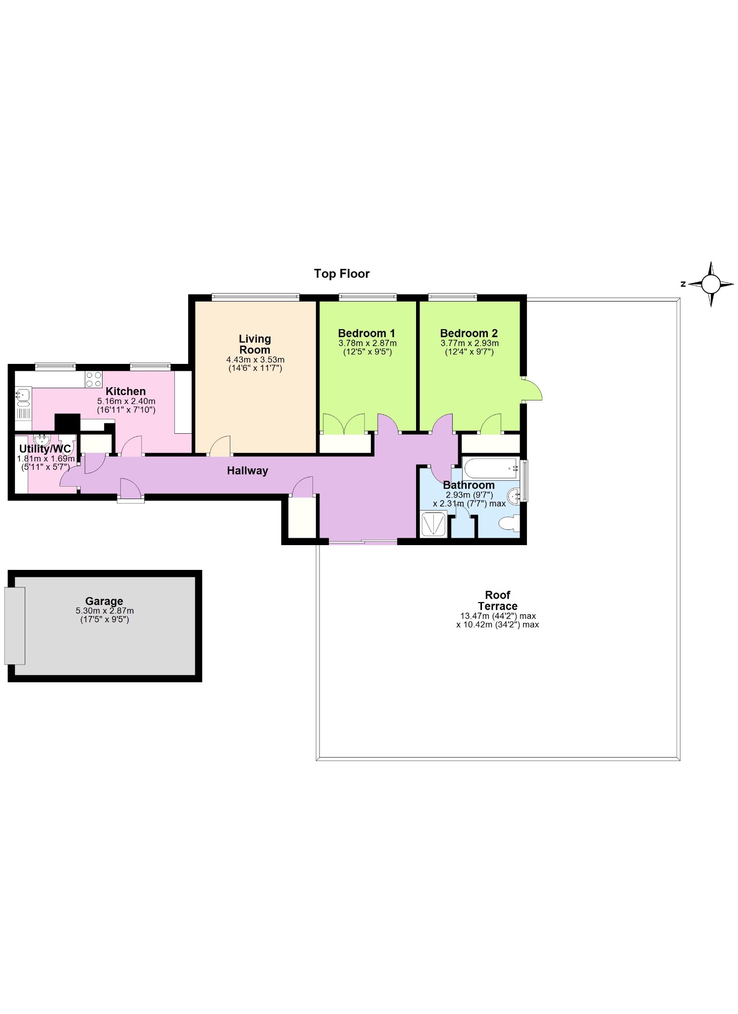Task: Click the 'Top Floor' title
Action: click(x=342, y=274)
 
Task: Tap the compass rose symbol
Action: click(x=711, y=284)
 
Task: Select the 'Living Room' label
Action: click(x=255, y=344)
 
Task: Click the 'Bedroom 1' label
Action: click(x=367, y=333)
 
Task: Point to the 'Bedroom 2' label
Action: click(x=469, y=333)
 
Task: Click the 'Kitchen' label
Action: click(x=126, y=391)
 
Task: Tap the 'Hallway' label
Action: click(x=248, y=471)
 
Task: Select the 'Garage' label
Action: click(x=104, y=601)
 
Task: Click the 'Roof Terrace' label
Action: click(x=498, y=600)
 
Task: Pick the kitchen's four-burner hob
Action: click(x=94, y=379)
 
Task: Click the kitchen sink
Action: click(x=23, y=396)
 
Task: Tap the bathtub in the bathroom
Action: click(x=491, y=468)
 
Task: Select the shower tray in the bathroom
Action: click(x=433, y=524)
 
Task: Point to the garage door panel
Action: click(x=14, y=626)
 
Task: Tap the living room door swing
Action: click(x=220, y=446)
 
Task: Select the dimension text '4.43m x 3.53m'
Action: click(x=255, y=360)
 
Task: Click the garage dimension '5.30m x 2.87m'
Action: click(x=105, y=611)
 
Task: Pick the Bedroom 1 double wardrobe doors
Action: click(x=344, y=424)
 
